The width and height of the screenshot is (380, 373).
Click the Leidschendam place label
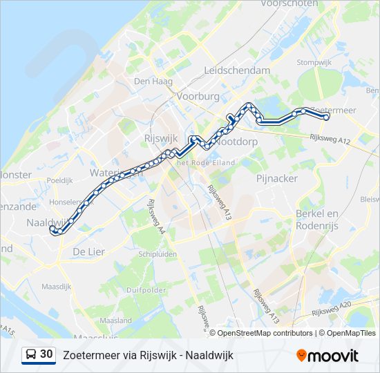point(237,70)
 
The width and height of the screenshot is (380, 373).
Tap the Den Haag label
point(151,81)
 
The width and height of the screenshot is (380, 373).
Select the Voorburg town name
point(198,97)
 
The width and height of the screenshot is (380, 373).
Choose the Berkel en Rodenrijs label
point(317,220)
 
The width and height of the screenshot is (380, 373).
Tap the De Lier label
point(89,252)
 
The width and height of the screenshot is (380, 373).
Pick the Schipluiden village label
point(159,254)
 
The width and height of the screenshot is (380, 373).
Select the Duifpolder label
point(148,290)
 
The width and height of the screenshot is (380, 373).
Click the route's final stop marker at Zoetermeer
point(326,117)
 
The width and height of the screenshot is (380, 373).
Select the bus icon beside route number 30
point(31,354)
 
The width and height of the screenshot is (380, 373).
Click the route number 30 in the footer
point(46,354)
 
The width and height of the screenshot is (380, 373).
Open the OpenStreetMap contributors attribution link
point(265,333)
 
